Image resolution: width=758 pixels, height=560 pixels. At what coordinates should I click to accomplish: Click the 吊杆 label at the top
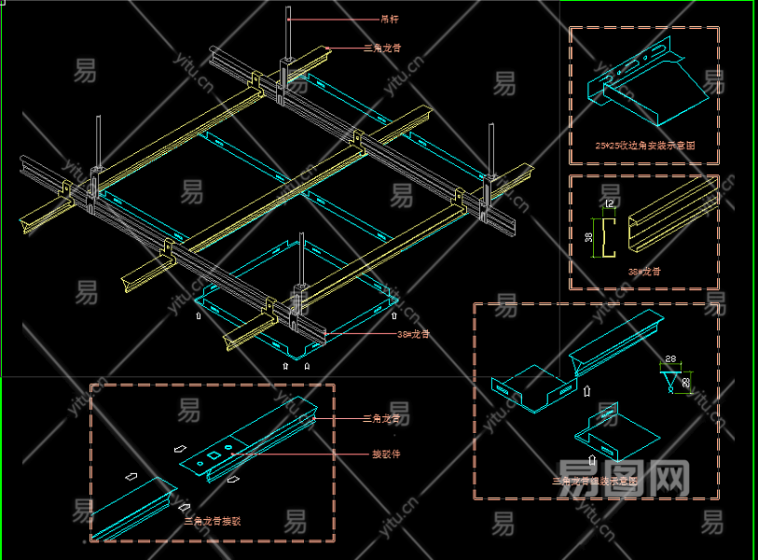tap(390, 18)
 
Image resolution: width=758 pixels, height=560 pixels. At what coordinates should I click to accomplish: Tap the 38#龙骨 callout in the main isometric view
tap(414, 333)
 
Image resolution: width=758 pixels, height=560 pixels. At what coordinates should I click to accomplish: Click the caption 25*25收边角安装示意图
tap(644, 146)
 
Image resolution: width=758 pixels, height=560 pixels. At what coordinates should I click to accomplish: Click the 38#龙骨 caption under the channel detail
tap(644, 272)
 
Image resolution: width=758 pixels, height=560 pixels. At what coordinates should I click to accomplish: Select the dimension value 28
tap(670, 359)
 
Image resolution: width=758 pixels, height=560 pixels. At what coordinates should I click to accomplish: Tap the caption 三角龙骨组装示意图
tap(595, 482)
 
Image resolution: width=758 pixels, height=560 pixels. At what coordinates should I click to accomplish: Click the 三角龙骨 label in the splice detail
tap(386, 419)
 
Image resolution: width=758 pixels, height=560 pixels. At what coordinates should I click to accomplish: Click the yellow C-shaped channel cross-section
tap(611, 238)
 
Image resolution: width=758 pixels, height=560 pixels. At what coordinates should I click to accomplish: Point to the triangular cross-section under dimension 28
tap(671, 380)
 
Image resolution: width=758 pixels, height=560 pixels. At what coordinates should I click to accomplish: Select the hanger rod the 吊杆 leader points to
tap(289, 37)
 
